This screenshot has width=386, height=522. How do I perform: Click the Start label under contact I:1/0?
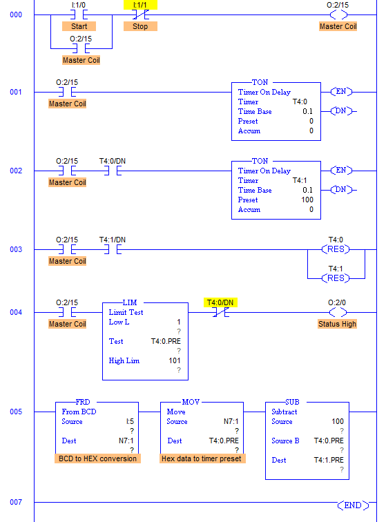click(79, 26)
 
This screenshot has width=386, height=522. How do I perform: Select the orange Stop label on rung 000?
click(140, 26)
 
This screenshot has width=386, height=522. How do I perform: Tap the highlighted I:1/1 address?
click(140, 4)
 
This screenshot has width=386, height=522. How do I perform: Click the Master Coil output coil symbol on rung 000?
click(338, 14)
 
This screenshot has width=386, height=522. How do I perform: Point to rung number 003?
click(16, 249)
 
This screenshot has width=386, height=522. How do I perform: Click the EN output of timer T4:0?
click(341, 92)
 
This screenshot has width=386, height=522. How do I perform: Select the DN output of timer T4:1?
click(341, 189)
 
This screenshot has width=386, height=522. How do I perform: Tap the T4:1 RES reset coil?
click(338, 278)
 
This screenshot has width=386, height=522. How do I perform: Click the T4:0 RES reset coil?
click(338, 249)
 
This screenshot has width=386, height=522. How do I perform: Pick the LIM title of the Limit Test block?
click(130, 303)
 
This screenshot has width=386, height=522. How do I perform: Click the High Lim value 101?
click(174, 360)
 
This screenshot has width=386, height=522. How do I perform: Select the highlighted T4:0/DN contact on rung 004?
click(220, 312)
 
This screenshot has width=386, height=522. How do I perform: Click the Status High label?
click(338, 324)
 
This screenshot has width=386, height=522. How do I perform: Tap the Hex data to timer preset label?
click(202, 458)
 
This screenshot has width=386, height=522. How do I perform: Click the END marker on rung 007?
click(351, 505)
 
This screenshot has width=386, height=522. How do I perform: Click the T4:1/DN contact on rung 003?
click(112, 249)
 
